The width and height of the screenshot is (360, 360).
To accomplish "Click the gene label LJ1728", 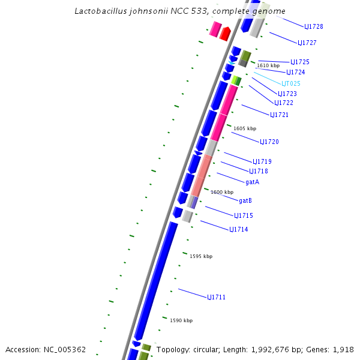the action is (314, 26).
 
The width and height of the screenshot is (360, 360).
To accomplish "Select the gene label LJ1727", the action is (307, 43).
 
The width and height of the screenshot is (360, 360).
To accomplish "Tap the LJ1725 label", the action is (300, 62).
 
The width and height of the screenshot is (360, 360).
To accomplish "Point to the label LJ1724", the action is (296, 72).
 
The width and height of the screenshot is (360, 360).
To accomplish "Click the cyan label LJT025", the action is (291, 83).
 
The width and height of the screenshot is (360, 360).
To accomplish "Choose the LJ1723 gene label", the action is (287, 94).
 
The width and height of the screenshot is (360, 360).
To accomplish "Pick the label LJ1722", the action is (284, 103).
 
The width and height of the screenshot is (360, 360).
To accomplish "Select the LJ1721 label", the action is (279, 115).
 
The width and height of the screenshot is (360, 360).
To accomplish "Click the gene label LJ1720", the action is (269, 142).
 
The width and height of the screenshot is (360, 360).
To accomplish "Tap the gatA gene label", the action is (253, 181).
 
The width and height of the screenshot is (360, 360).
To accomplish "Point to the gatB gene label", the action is (245, 200).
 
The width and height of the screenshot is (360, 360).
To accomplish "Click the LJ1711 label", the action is (217, 297).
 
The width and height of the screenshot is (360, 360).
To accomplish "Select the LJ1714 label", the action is (239, 229).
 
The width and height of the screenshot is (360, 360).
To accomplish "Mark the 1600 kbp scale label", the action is (222, 192).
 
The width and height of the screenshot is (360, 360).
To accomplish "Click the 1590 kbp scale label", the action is (181, 320).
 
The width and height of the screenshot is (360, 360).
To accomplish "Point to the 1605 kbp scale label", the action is (245, 128).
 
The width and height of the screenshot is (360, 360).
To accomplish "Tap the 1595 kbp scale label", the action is (201, 256).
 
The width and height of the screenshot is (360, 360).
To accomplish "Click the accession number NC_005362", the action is (63, 349).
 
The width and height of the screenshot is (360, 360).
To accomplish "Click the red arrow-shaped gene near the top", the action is (225, 34).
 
